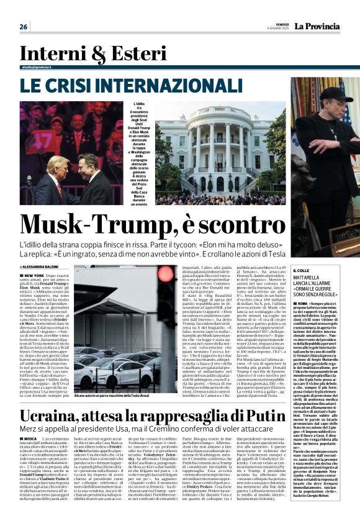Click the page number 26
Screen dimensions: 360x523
(x=24, y=27)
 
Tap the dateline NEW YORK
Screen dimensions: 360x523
(x=34, y=274)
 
